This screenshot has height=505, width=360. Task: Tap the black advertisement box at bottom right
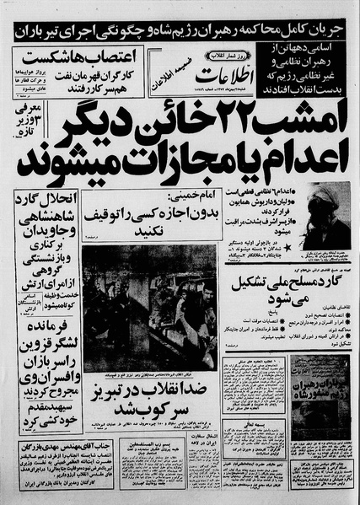(x=319, y=383)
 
